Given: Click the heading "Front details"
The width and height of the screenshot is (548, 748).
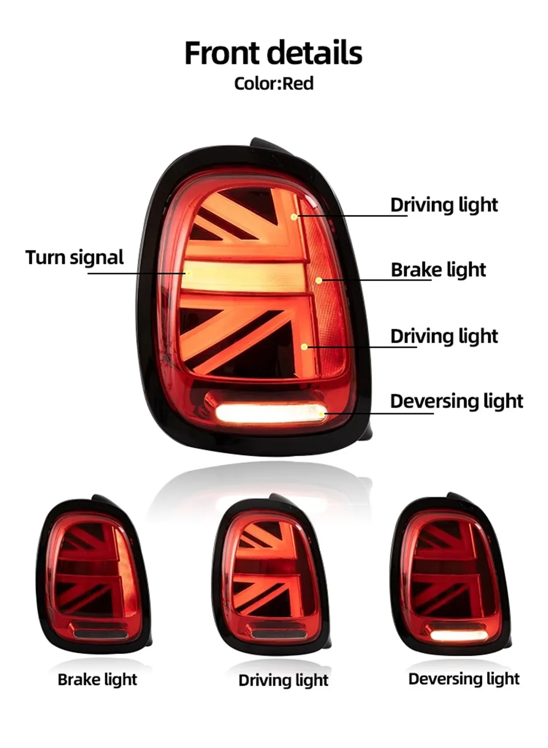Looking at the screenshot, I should pyautogui.click(x=273, y=53).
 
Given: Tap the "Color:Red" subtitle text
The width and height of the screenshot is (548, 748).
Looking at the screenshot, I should pyautogui.click(x=273, y=84).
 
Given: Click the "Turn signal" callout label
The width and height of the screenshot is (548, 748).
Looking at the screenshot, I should pyautogui.click(x=75, y=257).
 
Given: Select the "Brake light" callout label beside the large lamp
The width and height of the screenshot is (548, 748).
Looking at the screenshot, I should pyautogui.click(x=438, y=270).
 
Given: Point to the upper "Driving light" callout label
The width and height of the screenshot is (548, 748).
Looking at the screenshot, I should pyautogui.click(x=444, y=205).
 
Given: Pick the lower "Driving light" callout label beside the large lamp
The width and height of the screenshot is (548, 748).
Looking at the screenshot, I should pyautogui.click(x=444, y=336).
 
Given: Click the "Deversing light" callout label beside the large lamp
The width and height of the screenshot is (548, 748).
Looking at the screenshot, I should pyautogui.click(x=456, y=401).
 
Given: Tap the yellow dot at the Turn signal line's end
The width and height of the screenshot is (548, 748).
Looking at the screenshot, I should pyautogui.click(x=189, y=273).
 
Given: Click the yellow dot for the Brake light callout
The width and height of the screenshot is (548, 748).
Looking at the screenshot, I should pyautogui.click(x=319, y=280).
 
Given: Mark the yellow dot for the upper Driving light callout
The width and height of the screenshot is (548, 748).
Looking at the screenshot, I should pyautogui.click(x=294, y=217).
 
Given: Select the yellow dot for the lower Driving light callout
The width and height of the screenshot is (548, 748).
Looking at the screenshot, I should pyautogui.click(x=304, y=347).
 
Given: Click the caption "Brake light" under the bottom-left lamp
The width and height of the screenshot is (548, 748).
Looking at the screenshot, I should pyautogui.click(x=97, y=680).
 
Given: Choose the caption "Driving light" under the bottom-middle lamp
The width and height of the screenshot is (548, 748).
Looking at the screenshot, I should pyautogui.click(x=283, y=681).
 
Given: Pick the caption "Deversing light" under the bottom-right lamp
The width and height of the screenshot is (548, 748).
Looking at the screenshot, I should pyautogui.click(x=464, y=679).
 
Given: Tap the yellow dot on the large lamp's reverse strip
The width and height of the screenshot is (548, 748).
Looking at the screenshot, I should pyautogui.click(x=321, y=413).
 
